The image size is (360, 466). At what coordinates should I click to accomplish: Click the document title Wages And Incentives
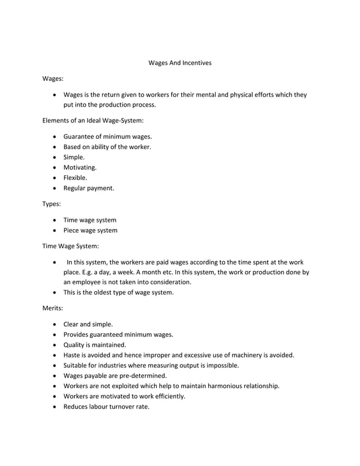(179, 63)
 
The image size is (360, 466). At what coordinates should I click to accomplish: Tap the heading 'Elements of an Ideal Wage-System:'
(93, 121)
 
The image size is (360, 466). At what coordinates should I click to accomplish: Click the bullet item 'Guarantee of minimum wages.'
(107, 137)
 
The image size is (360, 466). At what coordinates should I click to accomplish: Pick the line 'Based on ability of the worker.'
(107, 147)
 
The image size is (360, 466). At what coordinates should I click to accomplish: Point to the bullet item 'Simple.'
(74, 157)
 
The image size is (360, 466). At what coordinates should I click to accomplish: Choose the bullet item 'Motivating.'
(80, 168)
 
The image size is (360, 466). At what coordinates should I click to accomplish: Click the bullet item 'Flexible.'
(75, 178)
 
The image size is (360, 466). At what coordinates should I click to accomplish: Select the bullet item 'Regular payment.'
(89, 188)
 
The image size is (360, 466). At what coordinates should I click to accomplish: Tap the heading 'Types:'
(52, 204)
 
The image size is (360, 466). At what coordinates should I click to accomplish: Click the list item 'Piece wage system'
(90, 230)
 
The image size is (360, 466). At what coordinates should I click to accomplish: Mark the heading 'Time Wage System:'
(71, 246)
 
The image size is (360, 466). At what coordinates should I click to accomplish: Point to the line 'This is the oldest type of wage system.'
(118, 292)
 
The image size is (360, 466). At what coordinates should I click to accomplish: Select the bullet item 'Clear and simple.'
(88, 324)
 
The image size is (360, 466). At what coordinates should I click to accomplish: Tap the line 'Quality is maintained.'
(95, 345)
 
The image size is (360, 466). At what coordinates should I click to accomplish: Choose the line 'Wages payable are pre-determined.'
(115, 375)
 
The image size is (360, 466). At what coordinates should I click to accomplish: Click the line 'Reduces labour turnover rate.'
(106, 406)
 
